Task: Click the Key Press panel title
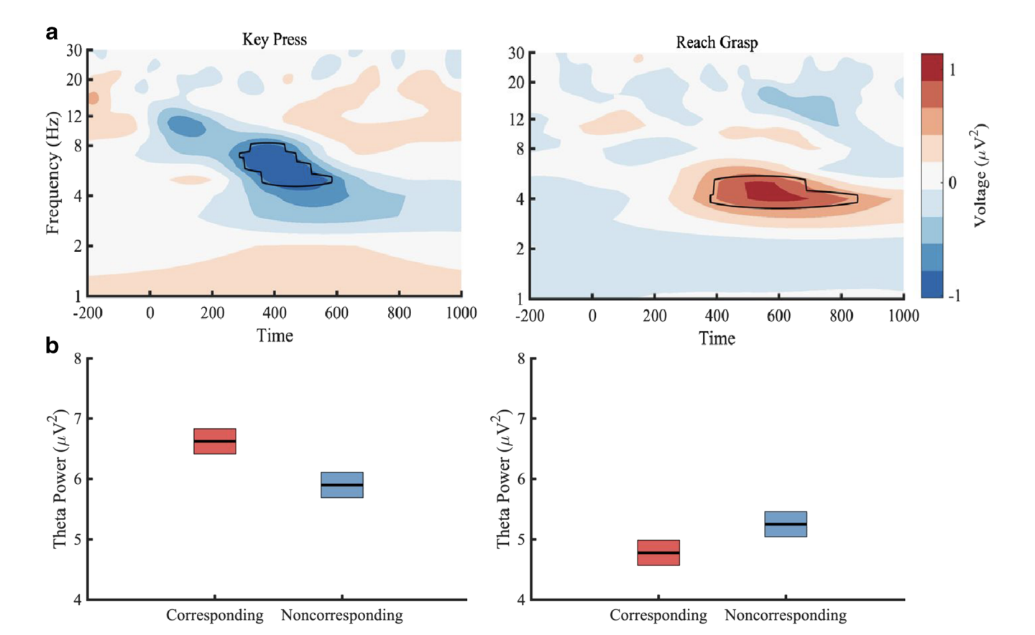pos(274,40)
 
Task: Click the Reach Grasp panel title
pos(716,42)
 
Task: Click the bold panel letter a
pos(52,33)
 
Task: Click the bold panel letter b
pos(52,346)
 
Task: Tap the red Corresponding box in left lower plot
pos(214,441)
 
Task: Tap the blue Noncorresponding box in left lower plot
pos(341,485)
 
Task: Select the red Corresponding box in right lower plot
pos(658,552)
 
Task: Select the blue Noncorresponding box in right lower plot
pos(785,524)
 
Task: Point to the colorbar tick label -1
pos(953,295)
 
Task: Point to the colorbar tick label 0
pos(952,182)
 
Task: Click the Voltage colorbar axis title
pos(980,176)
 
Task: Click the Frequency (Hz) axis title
pos(52,172)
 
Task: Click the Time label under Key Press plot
pos(275,335)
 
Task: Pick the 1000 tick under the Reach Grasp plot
pos(903,316)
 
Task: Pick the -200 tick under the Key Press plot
pos(88,313)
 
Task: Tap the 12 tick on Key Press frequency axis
pos(74,116)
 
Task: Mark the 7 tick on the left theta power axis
pos(78,418)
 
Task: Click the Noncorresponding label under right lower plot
pos(785,615)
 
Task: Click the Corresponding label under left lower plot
pos(214,615)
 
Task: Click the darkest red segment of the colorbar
pos(931,67)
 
